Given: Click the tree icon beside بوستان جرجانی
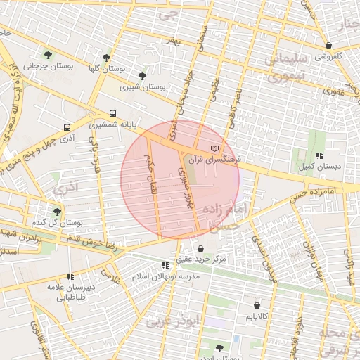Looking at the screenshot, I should pyautogui.click(x=48, y=54).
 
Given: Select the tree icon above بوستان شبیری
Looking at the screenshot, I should pyautogui.click(x=143, y=75).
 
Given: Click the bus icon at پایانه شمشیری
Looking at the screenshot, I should pyautogui.click(x=112, y=113).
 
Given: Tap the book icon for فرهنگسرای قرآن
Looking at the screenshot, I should pyautogui.click(x=215, y=148).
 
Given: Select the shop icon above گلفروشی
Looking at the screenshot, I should pyautogui.click(x=328, y=45).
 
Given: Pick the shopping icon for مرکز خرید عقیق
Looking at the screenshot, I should pyautogui.click(x=201, y=248).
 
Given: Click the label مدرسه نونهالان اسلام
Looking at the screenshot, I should pyautogui.click(x=166, y=276).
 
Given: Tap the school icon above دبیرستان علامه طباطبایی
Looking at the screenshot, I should pyautogui.click(x=69, y=276).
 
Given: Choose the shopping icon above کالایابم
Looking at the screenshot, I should pyautogui.click(x=256, y=306).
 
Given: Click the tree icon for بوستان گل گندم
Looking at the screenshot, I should pyautogui.click(x=57, y=211).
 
